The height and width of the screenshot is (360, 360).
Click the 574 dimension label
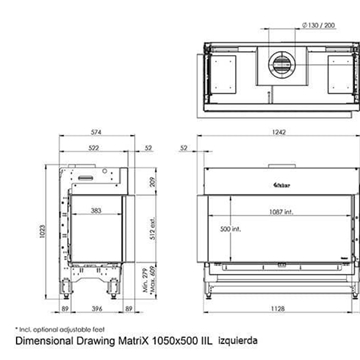point(96,131)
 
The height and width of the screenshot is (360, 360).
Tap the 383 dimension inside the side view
point(96,211)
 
